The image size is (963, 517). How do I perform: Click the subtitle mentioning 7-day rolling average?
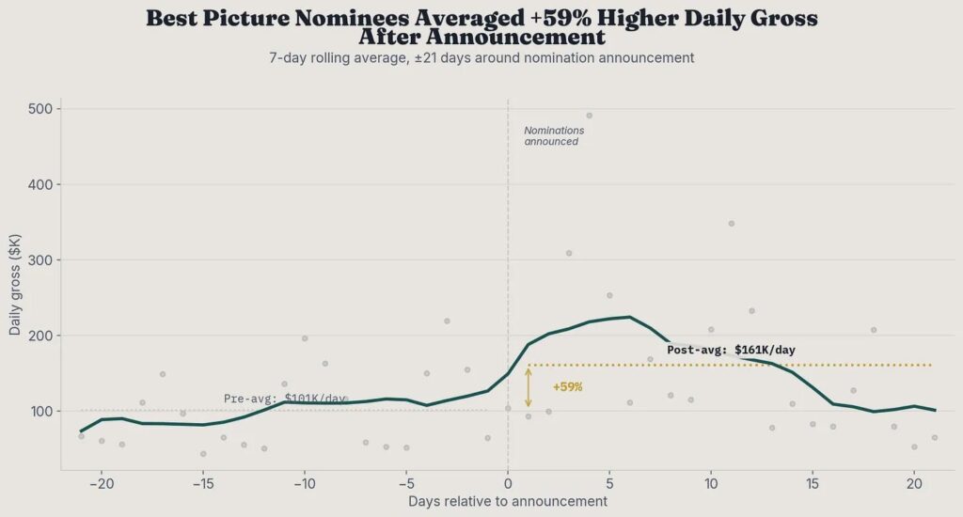pyautogui.click(x=481, y=57)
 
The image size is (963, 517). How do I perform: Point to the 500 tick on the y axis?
pyautogui.click(x=42, y=109)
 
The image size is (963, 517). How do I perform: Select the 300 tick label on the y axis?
pyautogui.click(x=42, y=260)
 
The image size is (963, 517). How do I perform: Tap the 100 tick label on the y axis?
pyautogui.click(x=42, y=411)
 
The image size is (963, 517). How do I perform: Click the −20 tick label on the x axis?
pyautogui.click(x=102, y=483)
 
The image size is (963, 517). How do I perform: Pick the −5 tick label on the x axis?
pyautogui.click(x=406, y=483)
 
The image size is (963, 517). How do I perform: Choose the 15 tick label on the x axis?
pyautogui.click(x=813, y=483)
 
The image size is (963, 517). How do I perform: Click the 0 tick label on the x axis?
pyautogui.click(x=508, y=483)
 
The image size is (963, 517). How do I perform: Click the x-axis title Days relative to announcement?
pyautogui.click(x=508, y=502)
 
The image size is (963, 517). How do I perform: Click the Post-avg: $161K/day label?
pyautogui.click(x=731, y=350)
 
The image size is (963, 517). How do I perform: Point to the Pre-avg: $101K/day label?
pyautogui.click(x=285, y=399)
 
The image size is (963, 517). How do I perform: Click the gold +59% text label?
pyautogui.click(x=567, y=387)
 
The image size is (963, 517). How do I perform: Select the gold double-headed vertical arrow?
pyautogui.click(x=529, y=387)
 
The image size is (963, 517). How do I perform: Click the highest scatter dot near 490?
pyautogui.click(x=590, y=116)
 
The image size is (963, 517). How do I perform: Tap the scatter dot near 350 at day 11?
pyautogui.click(x=732, y=224)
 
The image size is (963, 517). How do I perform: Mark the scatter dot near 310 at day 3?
pyautogui.click(x=569, y=253)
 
